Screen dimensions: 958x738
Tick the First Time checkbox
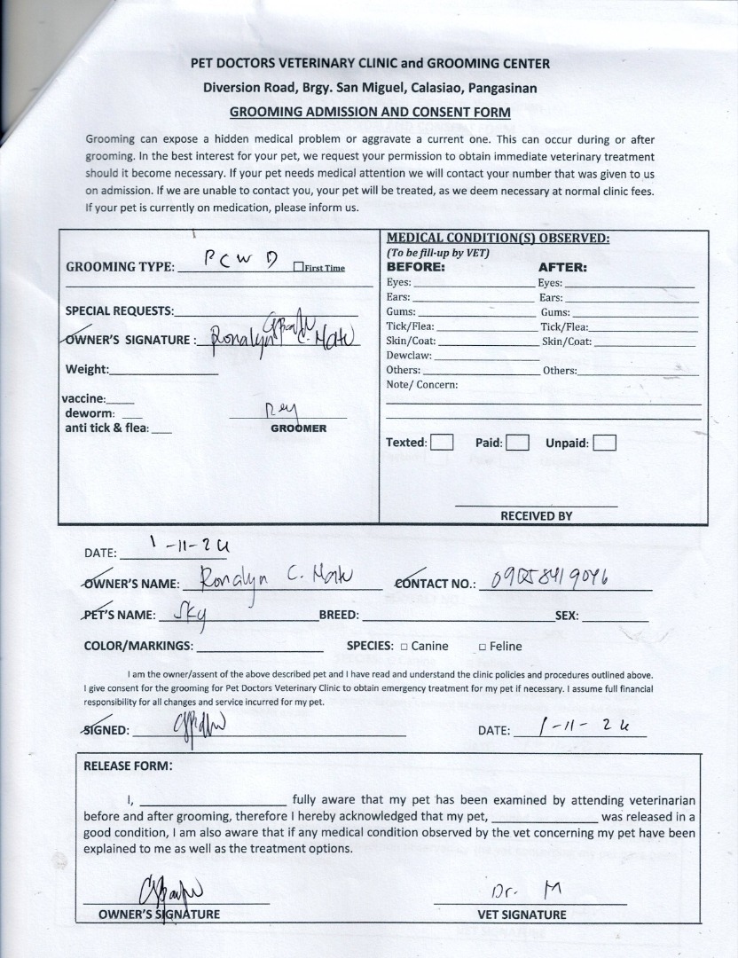tap(298, 268)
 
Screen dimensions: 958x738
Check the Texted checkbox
tap(443, 442)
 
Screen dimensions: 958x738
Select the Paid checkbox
tap(518, 442)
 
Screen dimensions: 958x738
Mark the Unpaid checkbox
tap(604, 442)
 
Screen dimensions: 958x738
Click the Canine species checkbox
tap(404, 647)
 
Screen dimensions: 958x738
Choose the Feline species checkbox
tap(482, 647)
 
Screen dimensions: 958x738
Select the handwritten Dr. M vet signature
tap(527, 891)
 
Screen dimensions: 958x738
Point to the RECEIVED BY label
tap(536, 515)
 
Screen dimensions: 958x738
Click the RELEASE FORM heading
tap(128, 766)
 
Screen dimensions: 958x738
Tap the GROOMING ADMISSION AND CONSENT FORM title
tap(370, 112)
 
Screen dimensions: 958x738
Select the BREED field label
tap(339, 615)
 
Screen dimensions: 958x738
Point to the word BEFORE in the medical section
tap(415, 266)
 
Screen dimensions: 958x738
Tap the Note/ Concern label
tap(421, 385)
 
